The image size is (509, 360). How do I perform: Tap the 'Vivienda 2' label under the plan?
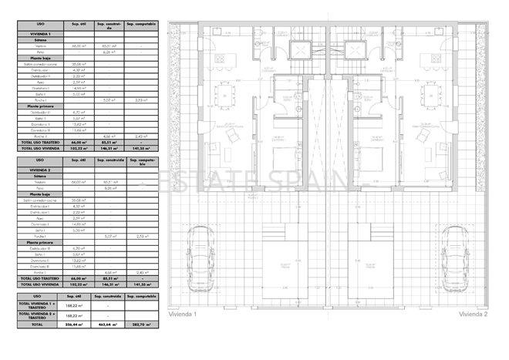474,315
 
